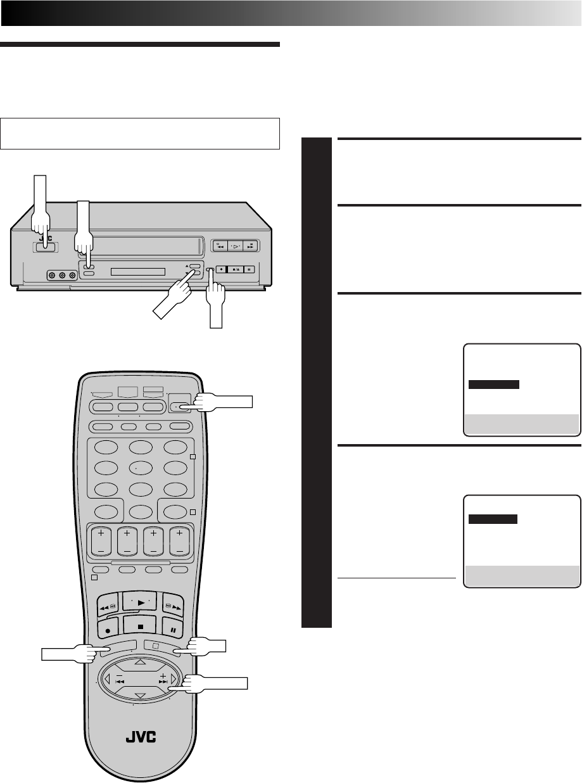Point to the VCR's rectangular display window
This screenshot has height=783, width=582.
point(137,272)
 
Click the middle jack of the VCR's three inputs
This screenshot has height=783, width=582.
point(61,276)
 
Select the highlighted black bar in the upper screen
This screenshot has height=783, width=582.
point(494,384)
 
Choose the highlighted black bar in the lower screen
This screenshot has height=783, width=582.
point(493,519)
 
